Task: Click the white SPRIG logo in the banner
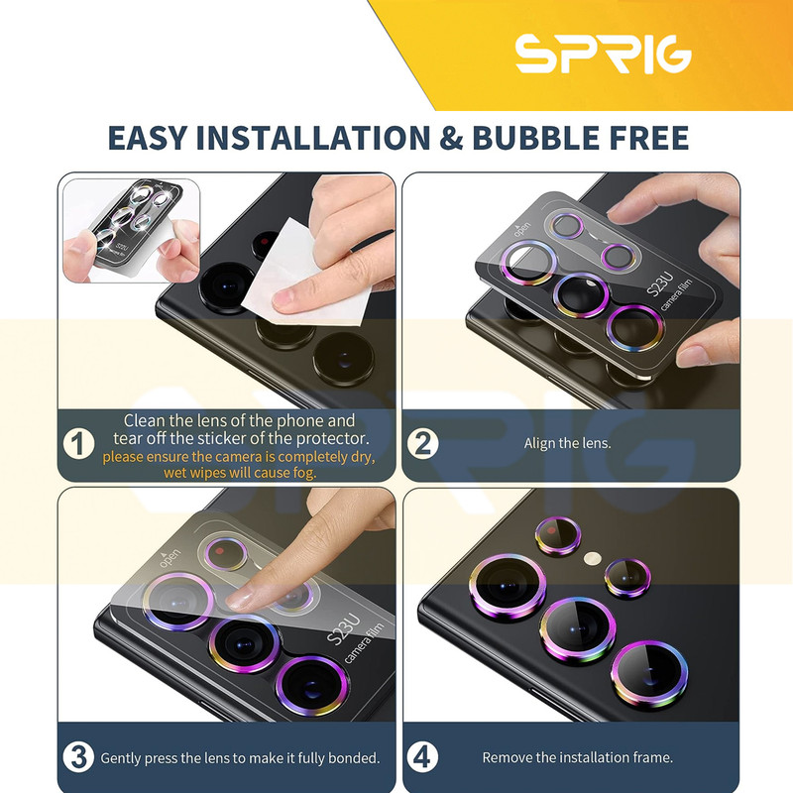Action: [x=603, y=55]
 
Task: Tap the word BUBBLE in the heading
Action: [x=534, y=138]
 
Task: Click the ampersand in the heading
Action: [x=451, y=138]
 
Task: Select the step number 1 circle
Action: [x=78, y=444]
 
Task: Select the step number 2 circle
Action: [x=422, y=443]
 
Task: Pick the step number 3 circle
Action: [x=78, y=757]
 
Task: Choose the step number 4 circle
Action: [x=422, y=757]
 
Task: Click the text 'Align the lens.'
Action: [x=567, y=443]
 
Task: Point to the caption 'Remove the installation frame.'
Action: [x=578, y=757]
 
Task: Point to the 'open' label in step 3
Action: [x=170, y=556]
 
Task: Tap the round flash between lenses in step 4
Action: [x=592, y=559]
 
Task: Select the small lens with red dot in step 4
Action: [x=557, y=535]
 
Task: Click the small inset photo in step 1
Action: [x=131, y=231]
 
